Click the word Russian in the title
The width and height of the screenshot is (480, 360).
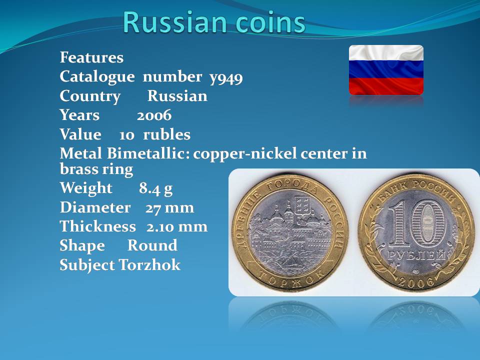[175, 22]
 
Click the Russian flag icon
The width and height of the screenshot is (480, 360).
[386, 70]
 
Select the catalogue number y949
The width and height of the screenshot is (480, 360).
[226, 78]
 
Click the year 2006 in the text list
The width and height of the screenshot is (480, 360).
[154, 115]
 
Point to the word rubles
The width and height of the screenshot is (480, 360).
[167, 134]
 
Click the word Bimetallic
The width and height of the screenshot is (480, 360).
[147, 153]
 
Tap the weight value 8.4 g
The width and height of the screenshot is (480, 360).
[155, 188]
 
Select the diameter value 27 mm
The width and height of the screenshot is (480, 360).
[169, 208]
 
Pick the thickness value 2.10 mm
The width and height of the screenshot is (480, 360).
[177, 227]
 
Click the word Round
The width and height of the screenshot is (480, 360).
[152, 245]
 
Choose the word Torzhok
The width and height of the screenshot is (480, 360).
[149, 265]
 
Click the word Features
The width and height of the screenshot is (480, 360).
[91, 57]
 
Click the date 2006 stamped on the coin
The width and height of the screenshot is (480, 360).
[416, 281]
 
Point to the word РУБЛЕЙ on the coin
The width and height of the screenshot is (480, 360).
[416, 255]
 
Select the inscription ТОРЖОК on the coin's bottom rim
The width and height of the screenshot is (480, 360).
[290, 279]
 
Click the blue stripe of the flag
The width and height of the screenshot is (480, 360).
[386, 69]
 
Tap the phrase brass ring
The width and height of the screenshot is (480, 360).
[96, 169]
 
